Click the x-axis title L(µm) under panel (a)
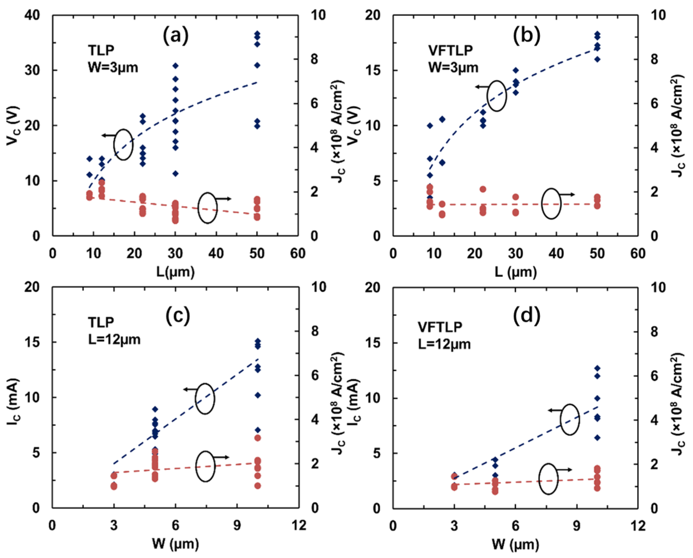coord(175,272)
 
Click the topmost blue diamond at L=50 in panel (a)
coord(257,34)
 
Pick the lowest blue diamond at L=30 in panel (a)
coord(175,173)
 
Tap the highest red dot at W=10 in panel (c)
coord(258,438)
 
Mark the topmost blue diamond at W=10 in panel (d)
coord(597,368)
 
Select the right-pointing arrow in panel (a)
coord(224,199)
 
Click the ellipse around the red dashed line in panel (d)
coord(548,479)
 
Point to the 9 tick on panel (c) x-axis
coord(237,525)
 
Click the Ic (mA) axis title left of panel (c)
coord(14,398)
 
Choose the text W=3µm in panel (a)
coord(113,68)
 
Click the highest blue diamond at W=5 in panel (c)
coord(155,409)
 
